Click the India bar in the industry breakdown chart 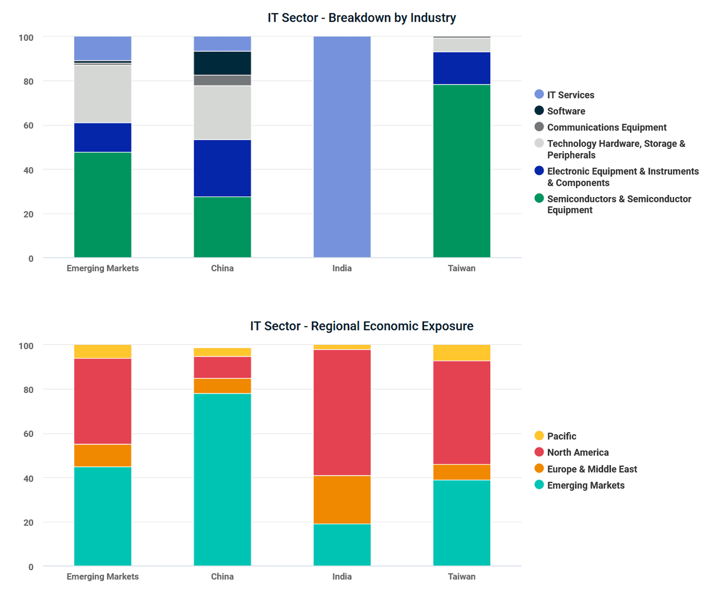[x=342, y=147]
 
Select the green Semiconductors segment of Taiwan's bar [x=462, y=170]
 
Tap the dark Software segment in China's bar [x=222, y=63]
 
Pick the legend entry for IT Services [x=570, y=95]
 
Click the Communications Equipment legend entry [x=606, y=127]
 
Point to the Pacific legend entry [x=561, y=436]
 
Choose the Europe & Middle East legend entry [x=592, y=469]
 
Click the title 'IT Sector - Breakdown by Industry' [x=361, y=18]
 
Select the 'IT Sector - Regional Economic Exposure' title [x=361, y=326]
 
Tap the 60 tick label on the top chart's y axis [x=28, y=125]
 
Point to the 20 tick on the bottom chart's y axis [x=28, y=522]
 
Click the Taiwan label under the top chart [x=462, y=268]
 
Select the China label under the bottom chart [x=222, y=576]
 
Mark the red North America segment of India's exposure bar [x=342, y=412]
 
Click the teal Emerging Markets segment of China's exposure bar [x=222, y=479]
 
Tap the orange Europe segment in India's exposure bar [x=342, y=499]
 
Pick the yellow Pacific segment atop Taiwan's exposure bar [x=462, y=353]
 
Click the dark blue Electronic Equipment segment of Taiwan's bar [x=462, y=68]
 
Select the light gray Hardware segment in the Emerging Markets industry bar [x=102, y=94]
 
